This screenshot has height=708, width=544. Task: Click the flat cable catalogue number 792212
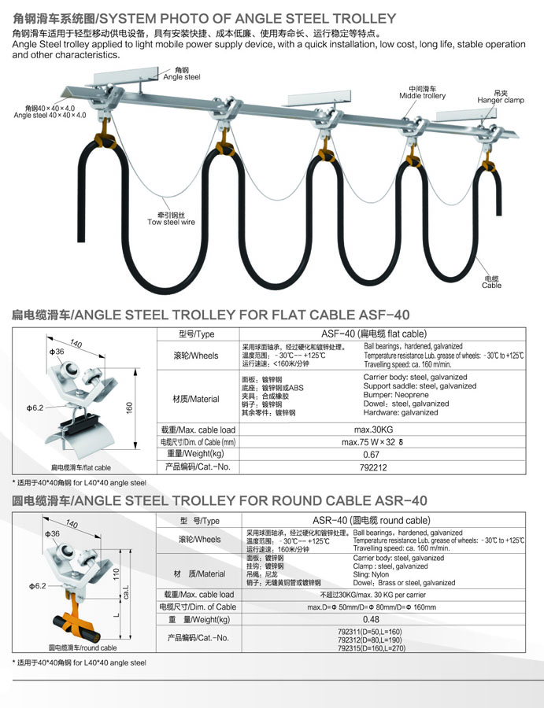(x=373, y=467)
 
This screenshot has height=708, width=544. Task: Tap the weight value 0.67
(x=372, y=454)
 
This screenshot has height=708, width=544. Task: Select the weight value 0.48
(x=372, y=620)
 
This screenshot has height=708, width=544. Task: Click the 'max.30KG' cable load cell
(x=372, y=430)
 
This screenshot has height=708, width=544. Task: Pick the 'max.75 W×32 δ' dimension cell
(x=372, y=442)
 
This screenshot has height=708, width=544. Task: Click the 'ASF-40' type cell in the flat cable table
(x=372, y=334)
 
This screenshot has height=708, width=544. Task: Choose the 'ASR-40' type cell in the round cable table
(x=371, y=520)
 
